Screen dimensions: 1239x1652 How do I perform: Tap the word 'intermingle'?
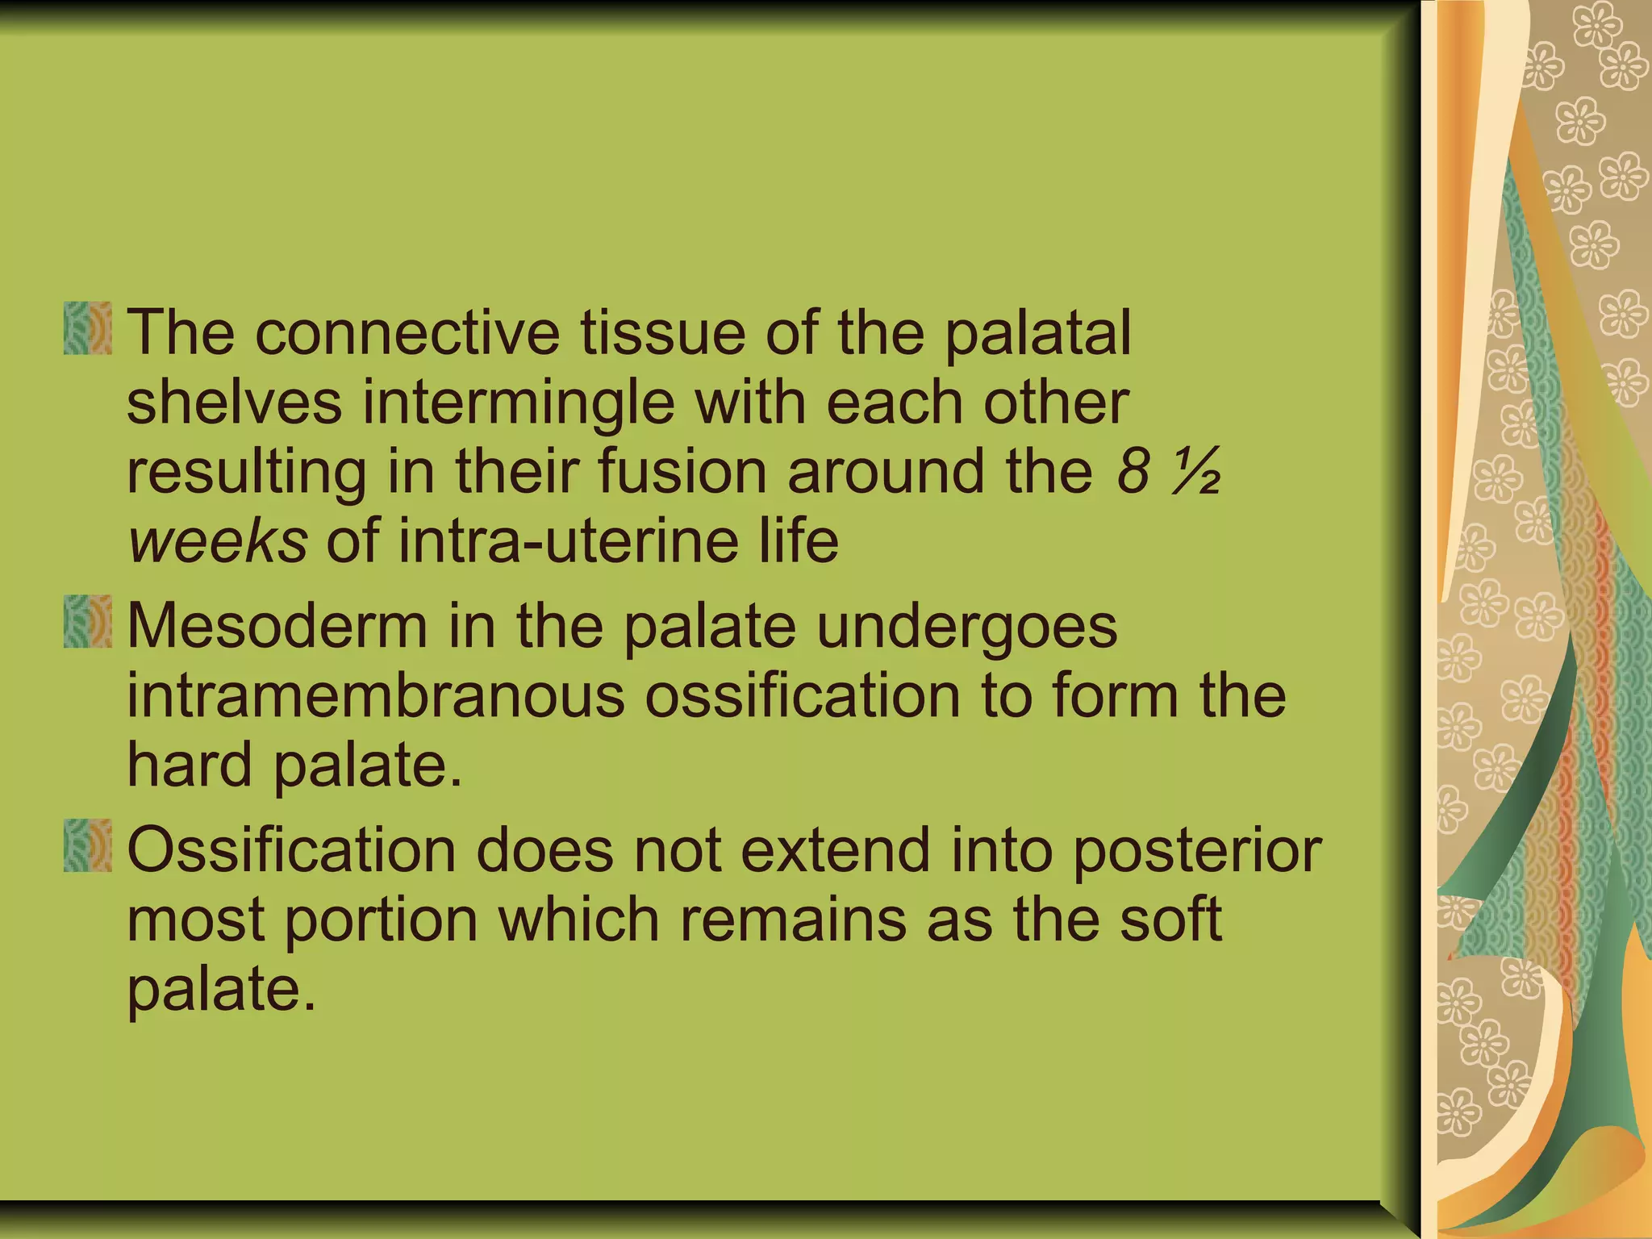pyautogui.click(x=518, y=402)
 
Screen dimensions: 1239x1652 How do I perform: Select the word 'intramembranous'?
pyautogui.click(x=376, y=695)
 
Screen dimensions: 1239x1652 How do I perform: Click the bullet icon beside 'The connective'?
pyautogui.click(x=87, y=328)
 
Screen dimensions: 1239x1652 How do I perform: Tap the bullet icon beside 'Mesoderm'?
pyautogui.click(x=87, y=621)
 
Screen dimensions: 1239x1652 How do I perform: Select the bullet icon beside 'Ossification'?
pyautogui.click(x=87, y=845)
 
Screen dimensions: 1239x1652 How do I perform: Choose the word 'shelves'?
pyautogui.click(x=234, y=402)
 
